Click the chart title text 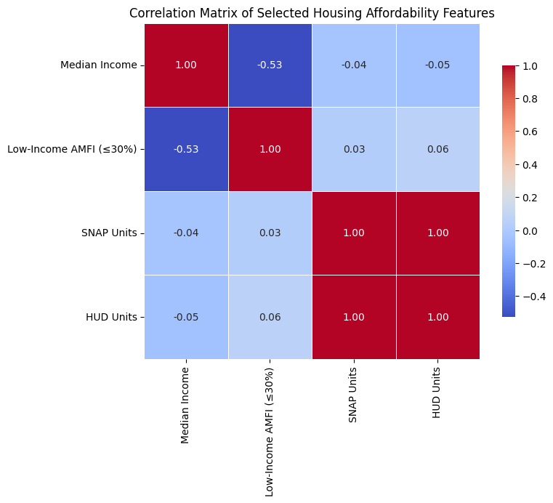(x=312, y=13)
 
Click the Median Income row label (x=98, y=65)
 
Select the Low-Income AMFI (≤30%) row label (x=72, y=149)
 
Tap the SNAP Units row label (x=109, y=233)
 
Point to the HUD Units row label (x=111, y=317)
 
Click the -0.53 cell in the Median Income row (x=270, y=65)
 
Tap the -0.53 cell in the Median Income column (x=186, y=149)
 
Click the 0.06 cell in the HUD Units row (x=270, y=317)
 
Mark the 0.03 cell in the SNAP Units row (x=270, y=233)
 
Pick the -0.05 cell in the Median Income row (x=437, y=65)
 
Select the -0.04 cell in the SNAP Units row (x=186, y=233)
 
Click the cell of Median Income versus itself (x=186, y=65)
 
